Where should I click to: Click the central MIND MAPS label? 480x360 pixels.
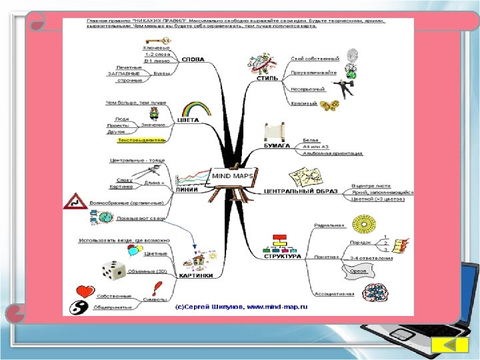(229, 176)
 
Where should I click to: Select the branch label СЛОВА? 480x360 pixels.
(193, 59)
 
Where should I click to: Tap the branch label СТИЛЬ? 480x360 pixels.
(267, 79)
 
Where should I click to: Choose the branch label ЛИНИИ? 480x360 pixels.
(185, 189)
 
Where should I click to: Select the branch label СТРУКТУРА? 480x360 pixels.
(282, 256)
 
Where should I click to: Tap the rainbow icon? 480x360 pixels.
(189, 109)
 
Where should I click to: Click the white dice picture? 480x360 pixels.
(113, 269)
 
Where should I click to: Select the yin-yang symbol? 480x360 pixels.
(79, 307)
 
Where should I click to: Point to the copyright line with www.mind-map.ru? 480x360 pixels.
(241, 308)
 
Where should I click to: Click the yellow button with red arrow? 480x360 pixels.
(447, 347)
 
